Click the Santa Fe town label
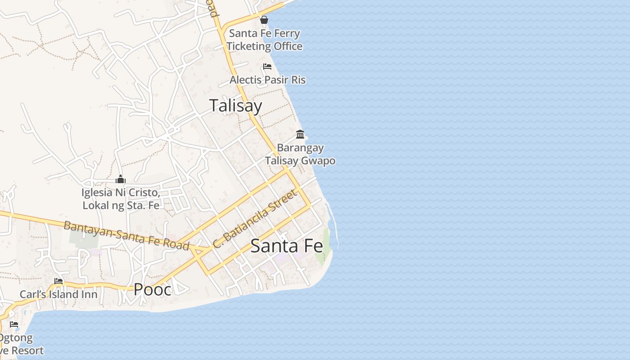tap(287, 246)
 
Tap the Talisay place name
tap(236, 106)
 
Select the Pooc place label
tap(153, 289)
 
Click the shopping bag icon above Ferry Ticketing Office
tap(264, 20)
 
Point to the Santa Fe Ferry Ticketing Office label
tap(265, 40)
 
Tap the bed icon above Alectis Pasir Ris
tap(267, 67)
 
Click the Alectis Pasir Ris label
tap(268, 80)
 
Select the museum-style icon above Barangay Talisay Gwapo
tap(300, 134)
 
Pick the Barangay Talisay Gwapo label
tap(300, 154)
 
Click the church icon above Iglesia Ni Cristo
tap(120, 180)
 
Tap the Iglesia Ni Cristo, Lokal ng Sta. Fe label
tap(121, 199)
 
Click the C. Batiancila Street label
tap(255, 219)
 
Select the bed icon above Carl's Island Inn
tap(58, 281)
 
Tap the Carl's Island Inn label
tap(58, 294)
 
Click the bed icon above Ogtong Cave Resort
tap(14, 324)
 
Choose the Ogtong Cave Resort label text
tap(20, 344)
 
